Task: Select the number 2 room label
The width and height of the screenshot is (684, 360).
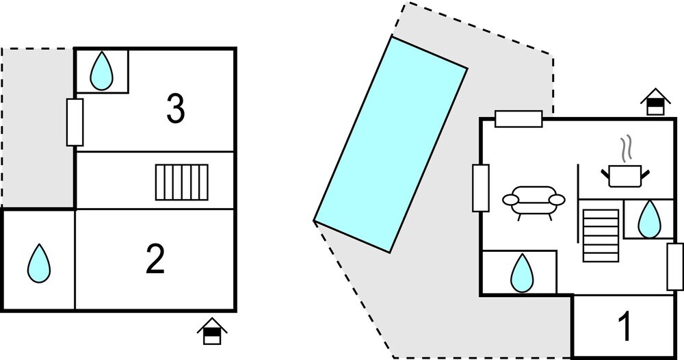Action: pos(155,259)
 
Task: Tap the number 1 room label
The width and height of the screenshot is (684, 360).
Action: pos(625,327)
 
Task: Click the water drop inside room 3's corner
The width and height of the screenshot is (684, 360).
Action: pos(102,70)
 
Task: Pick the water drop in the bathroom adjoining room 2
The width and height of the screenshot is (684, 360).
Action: pos(39,263)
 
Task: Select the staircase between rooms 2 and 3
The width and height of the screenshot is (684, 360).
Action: pos(182,182)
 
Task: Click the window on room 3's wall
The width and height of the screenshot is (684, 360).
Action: pos(75,123)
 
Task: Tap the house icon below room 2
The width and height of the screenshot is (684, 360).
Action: pos(212,331)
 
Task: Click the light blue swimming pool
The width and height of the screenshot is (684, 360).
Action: pos(391,144)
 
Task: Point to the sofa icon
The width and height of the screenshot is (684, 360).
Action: pos(534,203)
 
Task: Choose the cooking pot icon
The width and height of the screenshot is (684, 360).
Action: pos(625,176)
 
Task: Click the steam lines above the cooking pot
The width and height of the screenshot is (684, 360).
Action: pos(627,149)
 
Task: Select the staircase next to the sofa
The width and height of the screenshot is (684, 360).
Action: pos(601,235)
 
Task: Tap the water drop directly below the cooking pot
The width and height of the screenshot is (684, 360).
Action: pos(649,219)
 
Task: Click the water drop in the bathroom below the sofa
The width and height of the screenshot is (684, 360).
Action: pos(522,272)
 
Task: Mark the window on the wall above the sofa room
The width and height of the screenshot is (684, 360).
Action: pos(518,118)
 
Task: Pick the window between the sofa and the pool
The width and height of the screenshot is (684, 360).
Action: pos(481,188)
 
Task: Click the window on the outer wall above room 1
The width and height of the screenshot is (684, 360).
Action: pos(675,267)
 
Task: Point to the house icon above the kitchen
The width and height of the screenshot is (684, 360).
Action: pos(655,102)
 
